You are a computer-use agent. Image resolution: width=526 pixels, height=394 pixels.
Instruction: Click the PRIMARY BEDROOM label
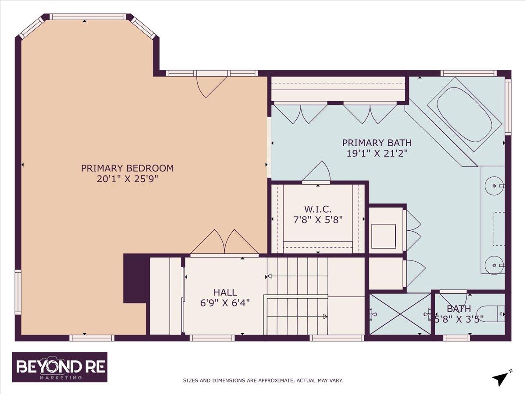pos(127,168)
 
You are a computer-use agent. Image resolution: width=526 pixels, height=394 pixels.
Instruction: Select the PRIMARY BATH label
pos(377,142)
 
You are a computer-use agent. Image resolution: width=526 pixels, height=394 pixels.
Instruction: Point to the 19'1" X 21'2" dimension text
pos(377,153)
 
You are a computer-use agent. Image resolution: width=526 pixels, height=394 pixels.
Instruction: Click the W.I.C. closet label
pos(317,209)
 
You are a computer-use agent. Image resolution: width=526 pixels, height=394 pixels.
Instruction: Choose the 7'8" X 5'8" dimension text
pos(317,220)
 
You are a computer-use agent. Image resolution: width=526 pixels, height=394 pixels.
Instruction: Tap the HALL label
pos(225,292)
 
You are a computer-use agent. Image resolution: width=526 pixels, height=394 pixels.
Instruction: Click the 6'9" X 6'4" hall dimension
pos(225,303)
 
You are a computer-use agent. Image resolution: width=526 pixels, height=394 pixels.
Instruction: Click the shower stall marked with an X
pos(400,313)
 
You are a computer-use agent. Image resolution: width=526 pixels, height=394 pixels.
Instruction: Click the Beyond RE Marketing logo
pos(60,367)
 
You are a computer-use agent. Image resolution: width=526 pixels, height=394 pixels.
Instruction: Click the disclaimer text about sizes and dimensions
pos(263,380)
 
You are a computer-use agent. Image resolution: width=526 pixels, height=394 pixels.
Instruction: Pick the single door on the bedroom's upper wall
pos(211,86)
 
